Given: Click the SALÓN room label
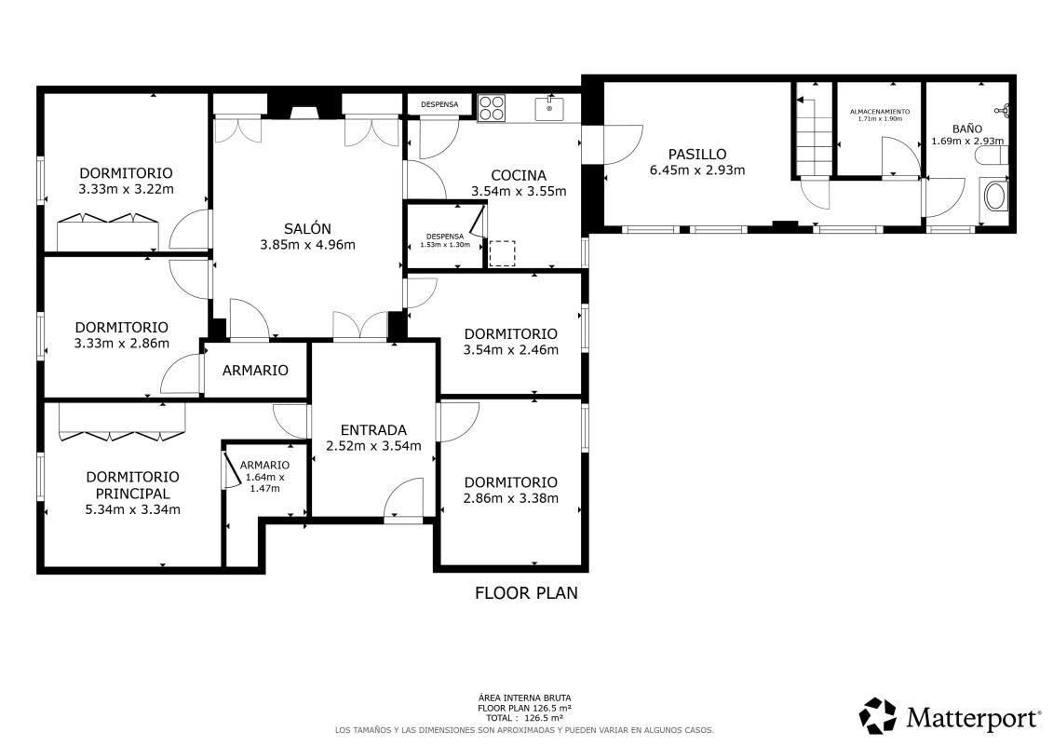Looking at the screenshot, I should point(307,228).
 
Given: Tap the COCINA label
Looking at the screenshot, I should point(519,175).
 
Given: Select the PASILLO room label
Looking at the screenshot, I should point(696,154).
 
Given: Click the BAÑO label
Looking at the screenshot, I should point(966,129).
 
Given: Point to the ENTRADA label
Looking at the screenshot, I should point(373,429).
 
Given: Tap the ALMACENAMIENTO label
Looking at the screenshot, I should point(880,111).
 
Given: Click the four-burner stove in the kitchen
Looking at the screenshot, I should point(492,109).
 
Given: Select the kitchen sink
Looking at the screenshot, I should point(549,109).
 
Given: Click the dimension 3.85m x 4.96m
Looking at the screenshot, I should point(307,245).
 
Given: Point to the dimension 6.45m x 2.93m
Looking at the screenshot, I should point(696,170).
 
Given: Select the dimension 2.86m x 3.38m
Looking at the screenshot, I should point(510,498).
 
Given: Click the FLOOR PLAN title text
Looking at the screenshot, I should point(526,592).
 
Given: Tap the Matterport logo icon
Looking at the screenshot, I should point(877,716).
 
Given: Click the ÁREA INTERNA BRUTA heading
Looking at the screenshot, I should point(524,698).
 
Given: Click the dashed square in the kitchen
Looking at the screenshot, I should point(502,253).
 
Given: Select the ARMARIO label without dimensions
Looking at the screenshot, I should point(255,370).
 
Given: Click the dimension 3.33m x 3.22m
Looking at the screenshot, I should point(126,189).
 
